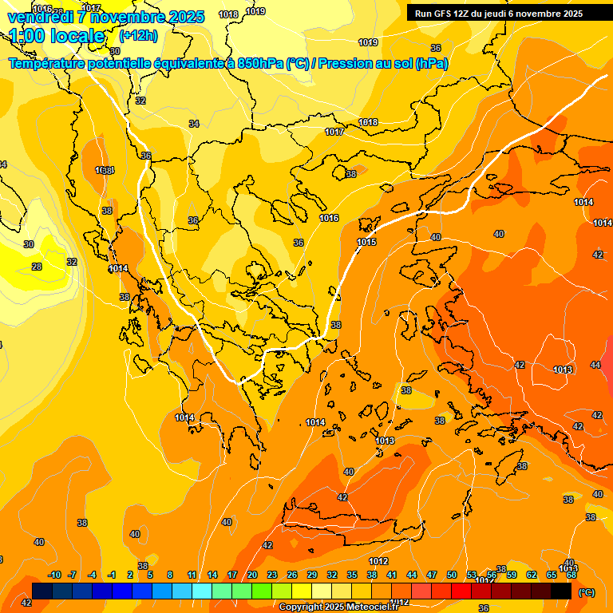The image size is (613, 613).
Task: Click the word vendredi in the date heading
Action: [42, 17]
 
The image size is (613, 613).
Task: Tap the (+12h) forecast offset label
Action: [138, 36]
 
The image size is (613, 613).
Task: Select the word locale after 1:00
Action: [77, 36]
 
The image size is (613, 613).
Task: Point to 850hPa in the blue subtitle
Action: [256, 63]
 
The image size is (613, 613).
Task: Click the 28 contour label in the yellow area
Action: [37, 267]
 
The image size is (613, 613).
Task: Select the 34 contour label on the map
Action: [194, 124]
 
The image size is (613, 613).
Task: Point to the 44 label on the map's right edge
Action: [595, 365]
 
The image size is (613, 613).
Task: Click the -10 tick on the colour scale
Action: [54, 575]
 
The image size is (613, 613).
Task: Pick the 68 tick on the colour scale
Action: [571, 575]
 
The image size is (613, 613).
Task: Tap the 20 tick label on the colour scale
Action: [252, 575]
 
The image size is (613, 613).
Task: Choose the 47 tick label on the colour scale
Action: [432, 575]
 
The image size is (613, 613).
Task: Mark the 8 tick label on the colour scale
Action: [170, 575]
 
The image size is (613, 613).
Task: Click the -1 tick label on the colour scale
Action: [112, 575]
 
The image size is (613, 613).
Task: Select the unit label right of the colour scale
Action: [586, 592]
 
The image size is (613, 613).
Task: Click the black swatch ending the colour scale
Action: [561, 591]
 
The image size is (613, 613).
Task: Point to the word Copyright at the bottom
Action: [300, 607]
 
